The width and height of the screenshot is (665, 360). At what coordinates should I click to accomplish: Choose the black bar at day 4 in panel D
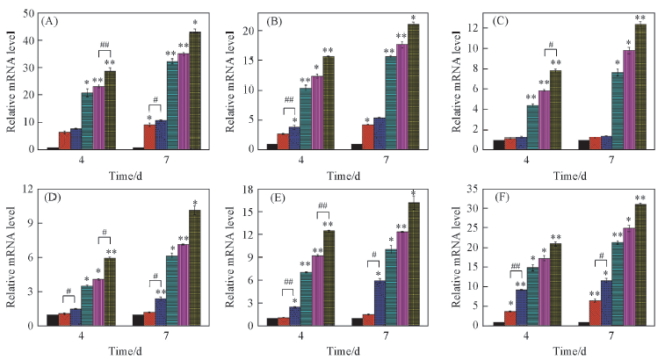pos(53,320)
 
